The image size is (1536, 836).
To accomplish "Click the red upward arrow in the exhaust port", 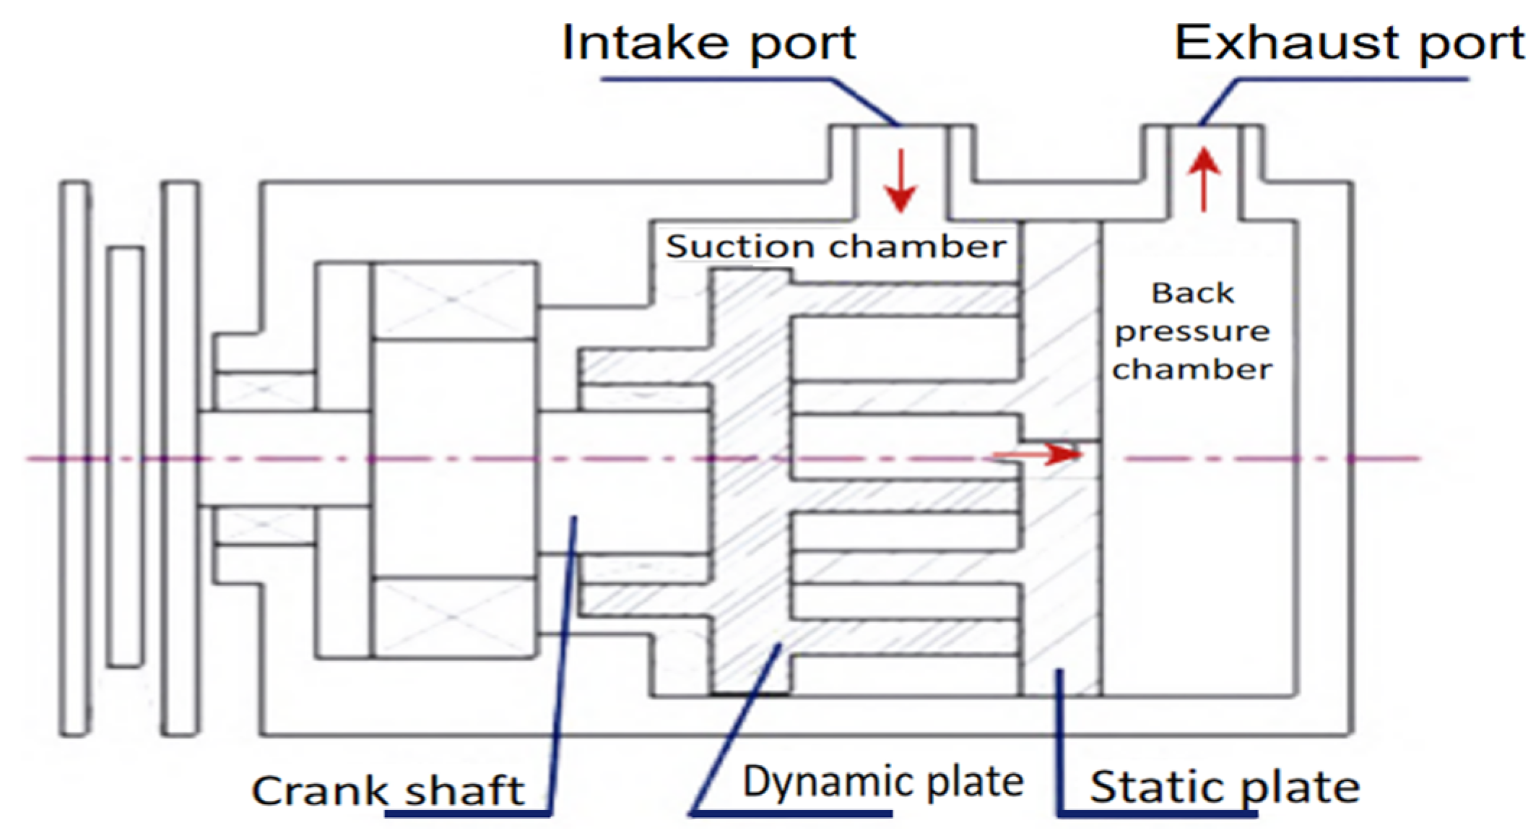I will [x=1204, y=179].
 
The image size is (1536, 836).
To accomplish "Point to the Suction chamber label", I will [x=836, y=247].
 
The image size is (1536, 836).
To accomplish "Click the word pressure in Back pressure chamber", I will [x=1192, y=332].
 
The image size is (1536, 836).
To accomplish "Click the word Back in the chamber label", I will [x=1192, y=293].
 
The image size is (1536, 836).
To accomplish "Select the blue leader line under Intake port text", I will [x=722, y=79].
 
